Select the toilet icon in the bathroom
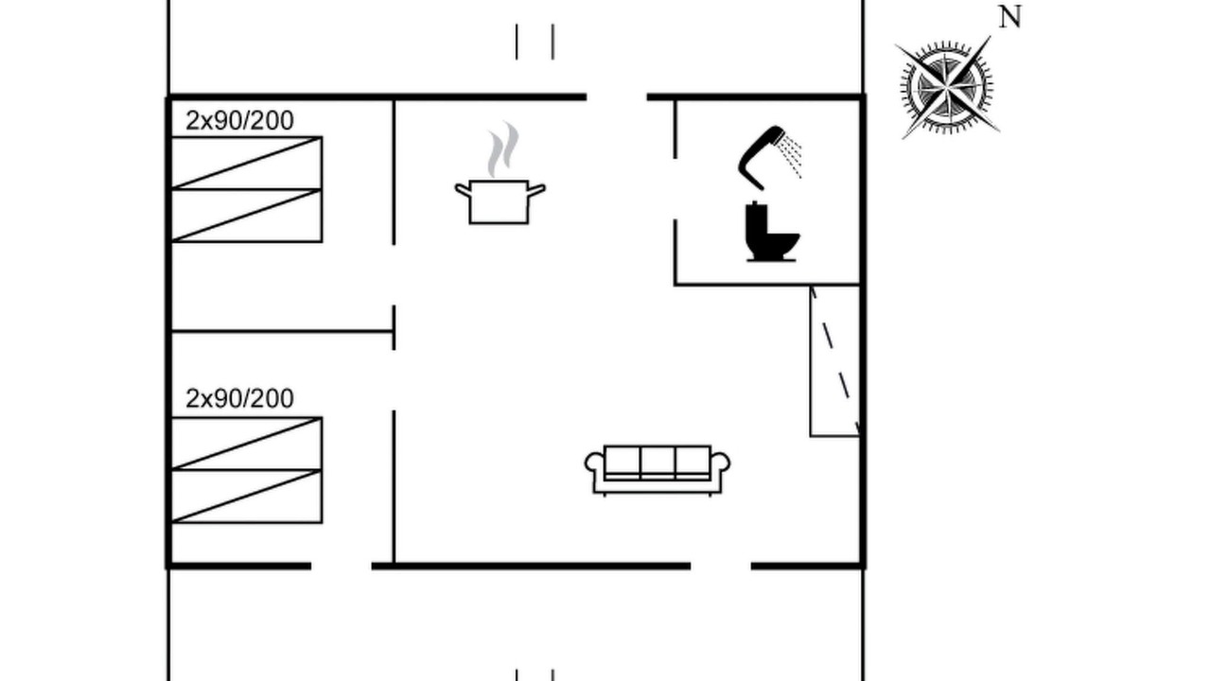point(771,233)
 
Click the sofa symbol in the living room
point(658,470)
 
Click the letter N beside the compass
point(1009,17)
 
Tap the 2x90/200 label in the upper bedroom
point(239,120)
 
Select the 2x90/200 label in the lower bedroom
point(239,399)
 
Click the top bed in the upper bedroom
point(247,163)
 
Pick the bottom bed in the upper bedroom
point(247,216)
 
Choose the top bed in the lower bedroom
point(247,444)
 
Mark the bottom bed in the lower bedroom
point(247,497)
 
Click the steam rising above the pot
point(503,148)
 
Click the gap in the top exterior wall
point(617,97)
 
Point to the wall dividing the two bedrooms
point(282,331)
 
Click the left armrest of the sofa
point(593,463)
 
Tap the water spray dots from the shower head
point(790,157)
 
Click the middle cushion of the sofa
point(658,463)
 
